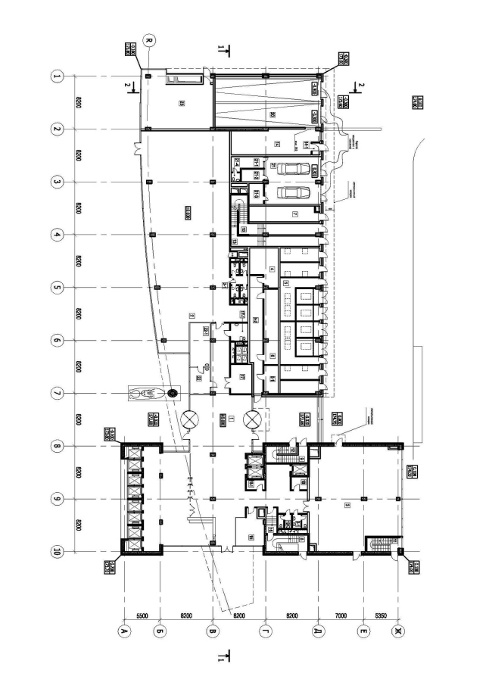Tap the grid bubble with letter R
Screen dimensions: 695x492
(149, 40)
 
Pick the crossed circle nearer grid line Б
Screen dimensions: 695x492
(189, 418)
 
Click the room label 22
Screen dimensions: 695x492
(198, 379)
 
